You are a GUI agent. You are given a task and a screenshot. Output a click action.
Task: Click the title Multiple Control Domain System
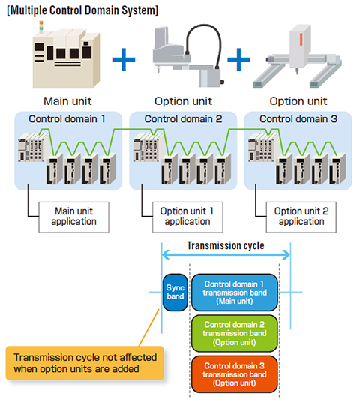(x=82, y=10)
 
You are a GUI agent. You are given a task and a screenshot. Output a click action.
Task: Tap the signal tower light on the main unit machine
(x=41, y=27)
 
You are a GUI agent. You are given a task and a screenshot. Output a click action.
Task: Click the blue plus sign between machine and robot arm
(x=124, y=59)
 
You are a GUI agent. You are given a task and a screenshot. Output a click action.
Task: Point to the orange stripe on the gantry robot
(x=301, y=39)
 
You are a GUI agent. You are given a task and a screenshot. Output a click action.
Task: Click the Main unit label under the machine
(x=67, y=101)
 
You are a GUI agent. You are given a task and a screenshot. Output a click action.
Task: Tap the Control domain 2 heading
(x=184, y=119)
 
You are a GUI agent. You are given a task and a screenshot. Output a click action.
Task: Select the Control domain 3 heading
(x=298, y=119)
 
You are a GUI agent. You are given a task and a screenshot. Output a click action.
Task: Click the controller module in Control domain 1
(x=31, y=147)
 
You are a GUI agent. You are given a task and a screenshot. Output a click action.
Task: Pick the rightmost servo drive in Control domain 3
(x=337, y=169)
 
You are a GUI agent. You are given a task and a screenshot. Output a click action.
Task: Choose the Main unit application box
(x=73, y=217)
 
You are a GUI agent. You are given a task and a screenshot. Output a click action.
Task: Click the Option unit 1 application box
(x=187, y=217)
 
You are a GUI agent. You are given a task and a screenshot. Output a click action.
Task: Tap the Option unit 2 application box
(x=301, y=217)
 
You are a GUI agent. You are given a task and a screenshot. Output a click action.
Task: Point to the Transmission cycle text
(x=226, y=245)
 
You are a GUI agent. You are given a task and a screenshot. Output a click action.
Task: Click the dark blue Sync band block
(x=175, y=292)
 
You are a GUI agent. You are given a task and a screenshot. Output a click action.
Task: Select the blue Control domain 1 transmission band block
(x=235, y=292)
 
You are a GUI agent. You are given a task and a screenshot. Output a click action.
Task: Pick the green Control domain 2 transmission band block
(x=235, y=333)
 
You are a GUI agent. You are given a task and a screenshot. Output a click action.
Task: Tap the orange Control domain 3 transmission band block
(x=235, y=374)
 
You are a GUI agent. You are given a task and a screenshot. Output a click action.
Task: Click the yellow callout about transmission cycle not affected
(x=85, y=363)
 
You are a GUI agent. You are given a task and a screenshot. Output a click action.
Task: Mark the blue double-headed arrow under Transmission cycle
(x=226, y=254)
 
